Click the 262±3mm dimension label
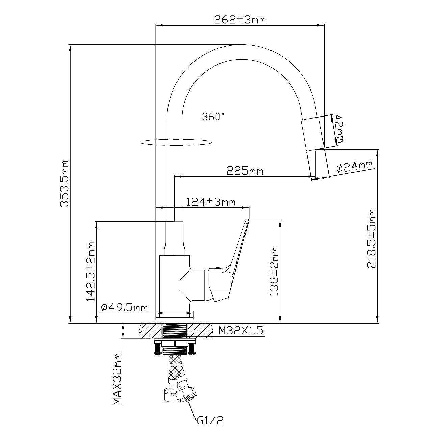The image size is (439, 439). (x=240, y=20)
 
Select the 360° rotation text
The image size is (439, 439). (x=213, y=117)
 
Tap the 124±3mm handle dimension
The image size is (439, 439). (x=211, y=202)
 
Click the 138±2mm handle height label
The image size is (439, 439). (x=274, y=272)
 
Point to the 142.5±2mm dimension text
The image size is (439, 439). (x=91, y=271)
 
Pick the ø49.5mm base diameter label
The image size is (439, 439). (x=124, y=307)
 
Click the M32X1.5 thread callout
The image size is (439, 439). (x=241, y=330)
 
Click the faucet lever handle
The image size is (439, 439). (x=233, y=260)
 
